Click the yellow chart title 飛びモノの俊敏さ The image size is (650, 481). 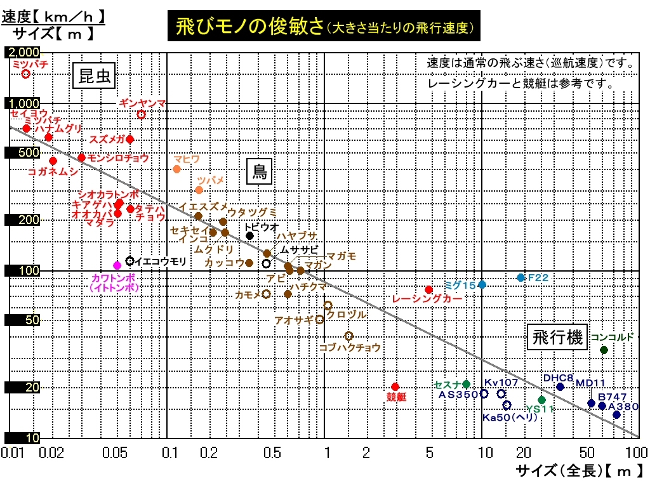point(248,27)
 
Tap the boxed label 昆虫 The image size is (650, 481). point(95,76)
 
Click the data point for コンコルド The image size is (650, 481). point(604,350)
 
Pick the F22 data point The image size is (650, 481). point(521,277)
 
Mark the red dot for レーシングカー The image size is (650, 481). point(428,289)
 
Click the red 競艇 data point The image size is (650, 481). point(395,386)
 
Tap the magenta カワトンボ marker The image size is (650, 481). point(117,265)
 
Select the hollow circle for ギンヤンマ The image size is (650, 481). point(142,114)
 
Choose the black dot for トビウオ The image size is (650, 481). point(250,235)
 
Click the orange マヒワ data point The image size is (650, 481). point(177,169)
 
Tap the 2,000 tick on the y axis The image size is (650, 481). point(22,52)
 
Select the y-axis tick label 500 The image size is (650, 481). point(22,152)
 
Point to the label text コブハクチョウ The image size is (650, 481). point(350,348)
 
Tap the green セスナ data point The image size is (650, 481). point(467,384)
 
